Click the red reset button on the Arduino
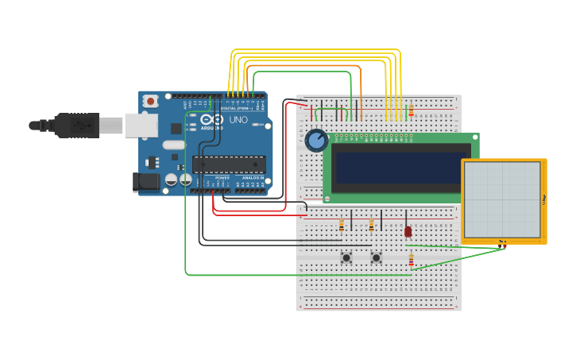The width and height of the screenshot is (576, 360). [150, 101]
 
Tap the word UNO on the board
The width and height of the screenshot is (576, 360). [238, 121]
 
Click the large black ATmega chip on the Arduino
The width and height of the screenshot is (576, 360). [229, 165]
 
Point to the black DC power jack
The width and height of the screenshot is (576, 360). [148, 182]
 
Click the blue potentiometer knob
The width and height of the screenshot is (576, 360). [316, 141]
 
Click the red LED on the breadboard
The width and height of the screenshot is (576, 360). [408, 231]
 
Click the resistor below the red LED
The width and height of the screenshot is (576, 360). [411, 260]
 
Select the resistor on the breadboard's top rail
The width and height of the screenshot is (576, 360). [411, 110]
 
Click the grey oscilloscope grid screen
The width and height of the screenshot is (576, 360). [502, 199]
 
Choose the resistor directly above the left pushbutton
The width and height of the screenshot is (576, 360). [342, 226]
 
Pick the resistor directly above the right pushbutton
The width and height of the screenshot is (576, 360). [371, 226]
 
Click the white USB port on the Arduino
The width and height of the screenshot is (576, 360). [141, 125]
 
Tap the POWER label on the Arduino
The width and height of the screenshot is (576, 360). [211, 178]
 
